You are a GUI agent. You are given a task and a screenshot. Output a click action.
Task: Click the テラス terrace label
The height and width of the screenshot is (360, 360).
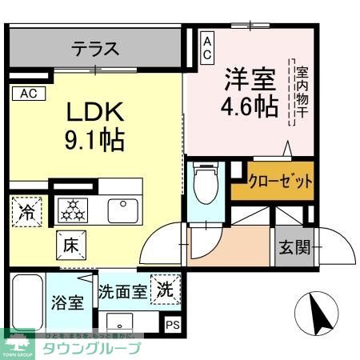[x=95, y=49]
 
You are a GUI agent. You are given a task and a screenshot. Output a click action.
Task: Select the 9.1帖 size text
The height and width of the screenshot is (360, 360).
[x=94, y=141]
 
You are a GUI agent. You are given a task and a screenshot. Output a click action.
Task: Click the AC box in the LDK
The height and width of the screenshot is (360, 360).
[x=29, y=93]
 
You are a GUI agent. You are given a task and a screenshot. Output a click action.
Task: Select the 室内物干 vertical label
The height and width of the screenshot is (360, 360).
[x=302, y=90]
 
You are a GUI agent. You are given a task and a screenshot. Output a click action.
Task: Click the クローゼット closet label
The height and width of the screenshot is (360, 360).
[x=280, y=182]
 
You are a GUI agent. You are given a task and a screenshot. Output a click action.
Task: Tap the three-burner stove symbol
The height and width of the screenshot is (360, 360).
[x=77, y=210]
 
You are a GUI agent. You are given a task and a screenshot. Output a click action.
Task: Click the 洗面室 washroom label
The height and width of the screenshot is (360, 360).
[x=122, y=291]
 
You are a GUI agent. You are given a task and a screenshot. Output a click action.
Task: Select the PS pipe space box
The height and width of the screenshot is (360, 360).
[x=173, y=325]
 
